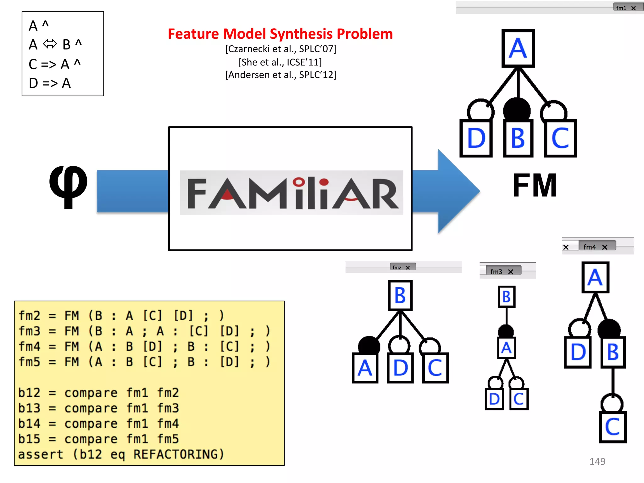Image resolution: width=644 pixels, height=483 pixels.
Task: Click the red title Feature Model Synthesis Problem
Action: (280, 34)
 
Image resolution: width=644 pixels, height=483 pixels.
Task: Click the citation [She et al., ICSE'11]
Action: (280, 62)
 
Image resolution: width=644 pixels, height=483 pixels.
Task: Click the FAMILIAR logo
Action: (291, 193)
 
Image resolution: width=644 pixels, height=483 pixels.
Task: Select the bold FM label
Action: (535, 186)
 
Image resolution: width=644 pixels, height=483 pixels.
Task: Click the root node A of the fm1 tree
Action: (518, 48)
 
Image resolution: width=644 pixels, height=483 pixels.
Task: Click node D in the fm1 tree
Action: (476, 138)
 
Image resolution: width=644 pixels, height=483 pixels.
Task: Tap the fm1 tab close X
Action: (634, 8)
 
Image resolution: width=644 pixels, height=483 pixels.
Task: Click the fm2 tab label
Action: (397, 267)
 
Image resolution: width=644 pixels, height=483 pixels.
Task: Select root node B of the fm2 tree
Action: (400, 296)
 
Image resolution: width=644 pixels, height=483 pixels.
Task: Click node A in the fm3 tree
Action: (506, 348)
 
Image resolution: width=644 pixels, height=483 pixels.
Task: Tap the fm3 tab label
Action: (496, 271)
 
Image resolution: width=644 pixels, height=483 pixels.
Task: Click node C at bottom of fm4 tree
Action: (613, 427)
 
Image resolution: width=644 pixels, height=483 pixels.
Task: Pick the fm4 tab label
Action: (590, 247)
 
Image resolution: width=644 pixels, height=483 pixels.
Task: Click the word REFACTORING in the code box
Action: (178, 454)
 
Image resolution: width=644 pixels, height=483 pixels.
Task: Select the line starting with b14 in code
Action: (98, 424)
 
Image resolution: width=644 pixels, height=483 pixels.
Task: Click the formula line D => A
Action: (50, 83)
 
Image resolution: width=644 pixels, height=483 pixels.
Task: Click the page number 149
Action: (597, 461)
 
